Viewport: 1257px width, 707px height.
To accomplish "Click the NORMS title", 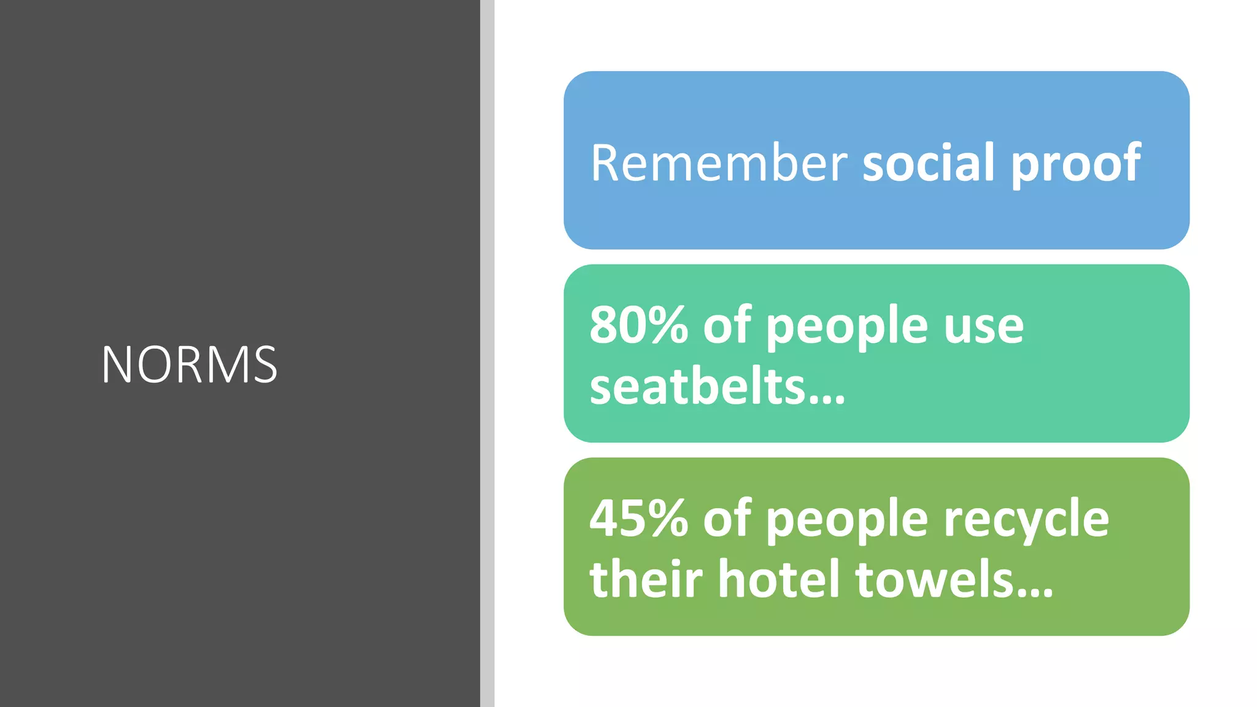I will pos(189,365).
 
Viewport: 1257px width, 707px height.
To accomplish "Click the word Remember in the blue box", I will pos(719,163).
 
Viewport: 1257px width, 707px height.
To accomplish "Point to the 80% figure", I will pos(638,325).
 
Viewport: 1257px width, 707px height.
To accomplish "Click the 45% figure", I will pos(638,519).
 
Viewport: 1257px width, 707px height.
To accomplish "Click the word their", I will pos(646,579).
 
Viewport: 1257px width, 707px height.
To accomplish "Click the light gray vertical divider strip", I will pos(487,353).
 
